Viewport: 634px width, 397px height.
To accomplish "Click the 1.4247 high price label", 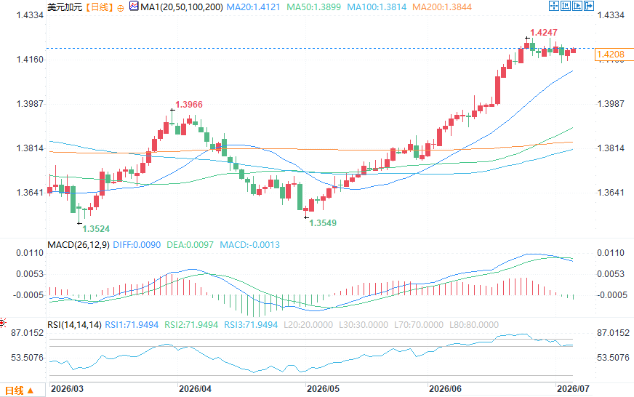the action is tap(544, 32).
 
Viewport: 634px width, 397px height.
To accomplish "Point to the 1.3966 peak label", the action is tap(189, 104).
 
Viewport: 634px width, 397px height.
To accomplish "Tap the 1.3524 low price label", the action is tap(96, 229).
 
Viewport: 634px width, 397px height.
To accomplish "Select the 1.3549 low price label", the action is tap(323, 222).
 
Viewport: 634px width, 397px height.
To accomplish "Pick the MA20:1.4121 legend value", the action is tap(253, 7).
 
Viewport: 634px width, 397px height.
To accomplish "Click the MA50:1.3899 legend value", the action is tap(314, 7).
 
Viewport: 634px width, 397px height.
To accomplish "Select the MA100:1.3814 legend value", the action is tap(377, 7).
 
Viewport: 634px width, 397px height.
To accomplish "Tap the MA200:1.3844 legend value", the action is tap(442, 7).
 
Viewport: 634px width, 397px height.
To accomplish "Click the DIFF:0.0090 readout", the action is tap(137, 244).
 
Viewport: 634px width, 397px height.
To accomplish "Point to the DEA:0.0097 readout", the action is tap(190, 244).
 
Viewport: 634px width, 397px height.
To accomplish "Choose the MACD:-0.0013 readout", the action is tap(249, 244).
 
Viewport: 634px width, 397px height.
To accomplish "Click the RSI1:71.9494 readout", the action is tap(132, 324).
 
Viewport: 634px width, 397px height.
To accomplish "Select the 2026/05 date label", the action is tap(323, 389).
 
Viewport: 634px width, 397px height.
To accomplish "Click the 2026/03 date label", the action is tap(67, 389).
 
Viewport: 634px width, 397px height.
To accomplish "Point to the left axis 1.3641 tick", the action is tap(30, 193).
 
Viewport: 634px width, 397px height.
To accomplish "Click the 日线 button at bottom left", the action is tap(20, 390).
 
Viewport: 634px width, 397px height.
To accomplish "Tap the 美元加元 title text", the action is tap(65, 7).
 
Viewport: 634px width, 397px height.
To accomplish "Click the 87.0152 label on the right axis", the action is tap(613, 333).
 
